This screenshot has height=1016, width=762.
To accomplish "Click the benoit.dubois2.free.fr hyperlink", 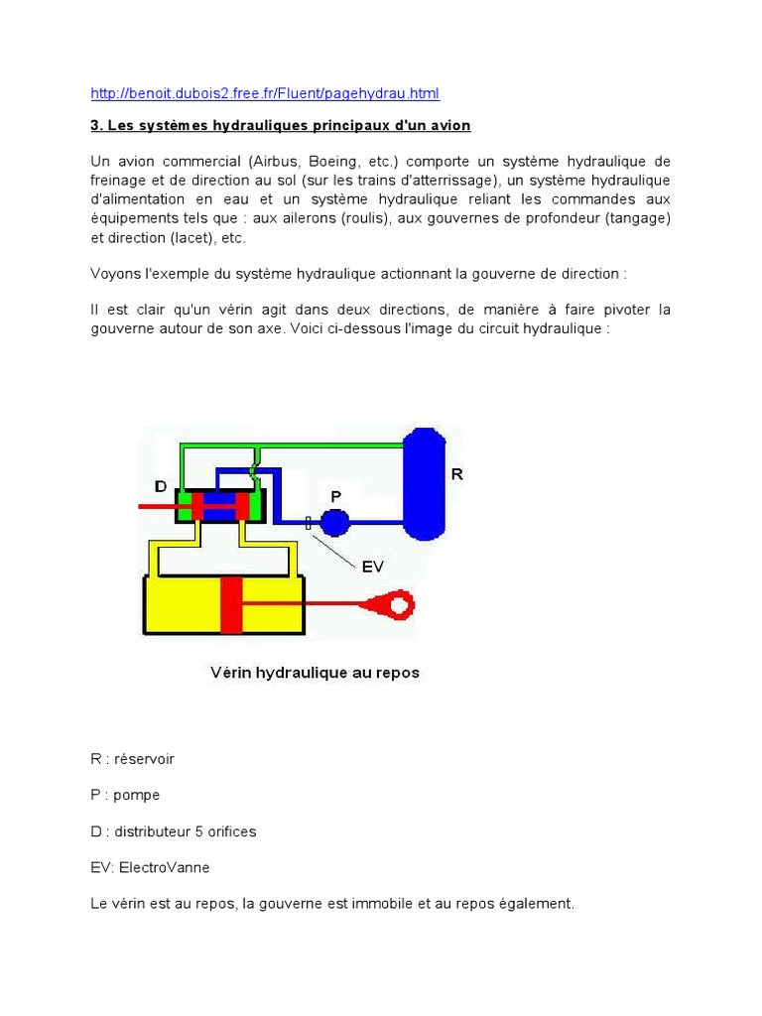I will [x=264, y=93].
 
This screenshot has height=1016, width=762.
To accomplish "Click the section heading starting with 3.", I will [x=280, y=126].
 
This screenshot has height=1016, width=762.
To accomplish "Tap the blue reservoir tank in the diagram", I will [x=424, y=483].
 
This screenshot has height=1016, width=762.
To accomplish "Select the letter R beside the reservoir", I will [x=456, y=474].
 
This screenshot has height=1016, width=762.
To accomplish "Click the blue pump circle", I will [x=334, y=521].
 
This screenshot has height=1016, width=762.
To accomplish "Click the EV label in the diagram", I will [x=372, y=567].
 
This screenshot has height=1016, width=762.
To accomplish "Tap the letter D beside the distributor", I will [x=161, y=485].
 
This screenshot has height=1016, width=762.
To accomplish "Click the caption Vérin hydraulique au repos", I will [x=315, y=673].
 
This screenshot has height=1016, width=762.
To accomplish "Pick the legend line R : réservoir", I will [x=132, y=759].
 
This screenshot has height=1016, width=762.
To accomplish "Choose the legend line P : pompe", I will [x=124, y=795].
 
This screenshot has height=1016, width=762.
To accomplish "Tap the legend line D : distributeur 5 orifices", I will [x=173, y=831].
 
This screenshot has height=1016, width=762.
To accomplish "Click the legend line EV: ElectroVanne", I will [x=150, y=867].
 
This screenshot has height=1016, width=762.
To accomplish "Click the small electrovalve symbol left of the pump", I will [x=309, y=521].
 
